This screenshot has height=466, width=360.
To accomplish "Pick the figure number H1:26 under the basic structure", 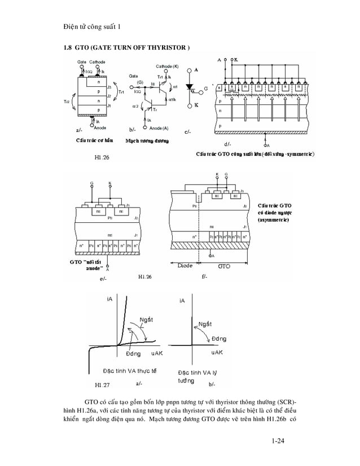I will coord(101,157).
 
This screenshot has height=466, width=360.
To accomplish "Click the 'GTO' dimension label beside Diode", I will coord(225,265).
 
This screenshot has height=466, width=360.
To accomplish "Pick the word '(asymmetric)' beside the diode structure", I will coord(274,220).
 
